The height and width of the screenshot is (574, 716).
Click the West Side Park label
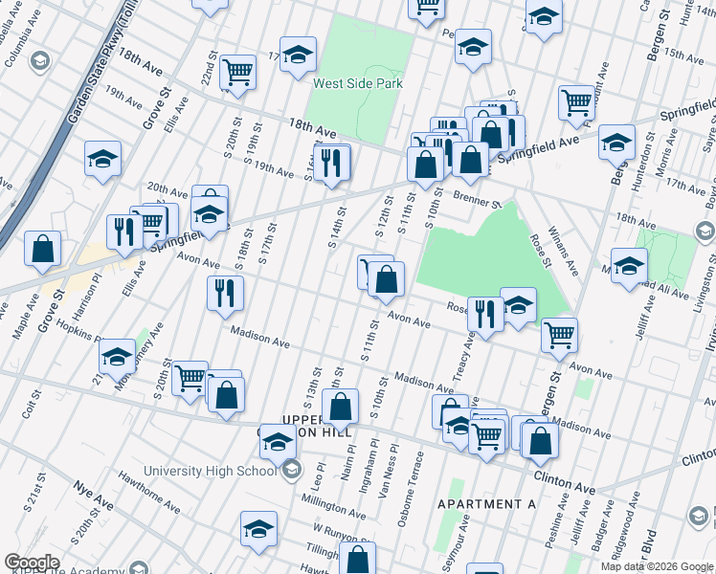coord(358,83)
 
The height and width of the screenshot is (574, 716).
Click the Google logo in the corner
coord(32,563)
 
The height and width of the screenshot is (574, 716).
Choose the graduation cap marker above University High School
coord(279,443)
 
